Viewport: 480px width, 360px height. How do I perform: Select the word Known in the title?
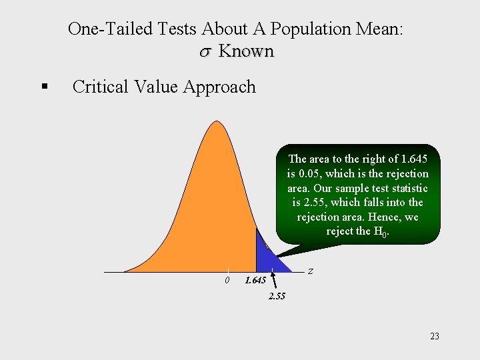[x=246, y=51]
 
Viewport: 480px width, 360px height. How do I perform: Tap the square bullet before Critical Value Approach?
[x=44, y=87]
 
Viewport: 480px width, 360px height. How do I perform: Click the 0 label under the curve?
[x=227, y=280]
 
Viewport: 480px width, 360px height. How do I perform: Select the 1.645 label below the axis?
[x=255, y=281]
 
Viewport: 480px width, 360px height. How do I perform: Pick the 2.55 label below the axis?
[x=277, y=296]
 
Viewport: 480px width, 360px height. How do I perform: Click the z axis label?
[x=311, y=271]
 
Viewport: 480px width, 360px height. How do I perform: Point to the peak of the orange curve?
[x=215, y=123]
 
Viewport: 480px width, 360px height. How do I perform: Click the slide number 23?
[x=435, y=336]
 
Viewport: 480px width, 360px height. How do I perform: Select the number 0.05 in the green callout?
[x=309, y=173]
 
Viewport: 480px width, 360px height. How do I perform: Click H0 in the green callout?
[x=381, y=232]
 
